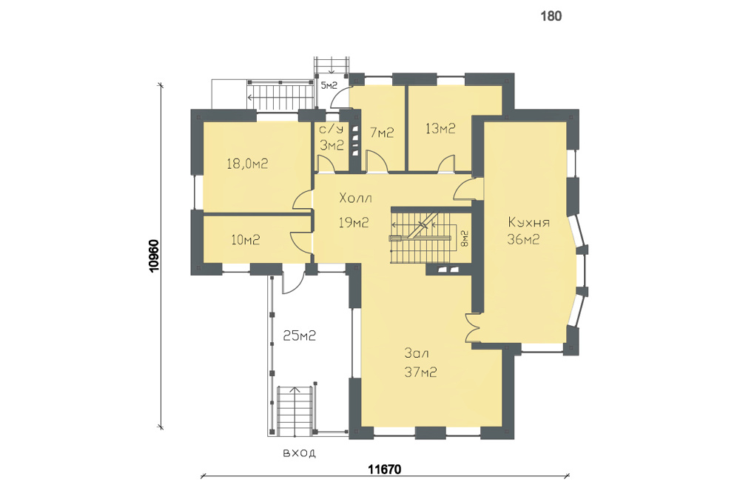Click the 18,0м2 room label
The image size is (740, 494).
pos(247,164)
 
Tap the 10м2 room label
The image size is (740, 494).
pos(246,240)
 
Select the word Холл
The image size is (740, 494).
pos(355,198)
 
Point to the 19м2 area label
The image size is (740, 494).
pos(354,222)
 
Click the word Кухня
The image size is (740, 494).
pos(528,222)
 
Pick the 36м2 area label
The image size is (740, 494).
pos(523,239)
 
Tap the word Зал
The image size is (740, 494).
pos(417,353)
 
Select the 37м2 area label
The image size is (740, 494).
pos(420,372)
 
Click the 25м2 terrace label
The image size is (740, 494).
pos(299,336)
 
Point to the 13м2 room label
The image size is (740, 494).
pos(440,128)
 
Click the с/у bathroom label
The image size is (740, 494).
pos(331,129)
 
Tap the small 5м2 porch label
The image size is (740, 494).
pos(329,85)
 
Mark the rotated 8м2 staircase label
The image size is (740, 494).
pos(465,238)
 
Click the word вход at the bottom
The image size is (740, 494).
pos(299,453)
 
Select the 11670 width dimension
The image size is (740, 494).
pos(385,470)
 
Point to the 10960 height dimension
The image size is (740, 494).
pos(154,256)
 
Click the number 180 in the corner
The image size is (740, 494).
pos(551,16)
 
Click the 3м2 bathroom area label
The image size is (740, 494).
pos(332,145)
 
